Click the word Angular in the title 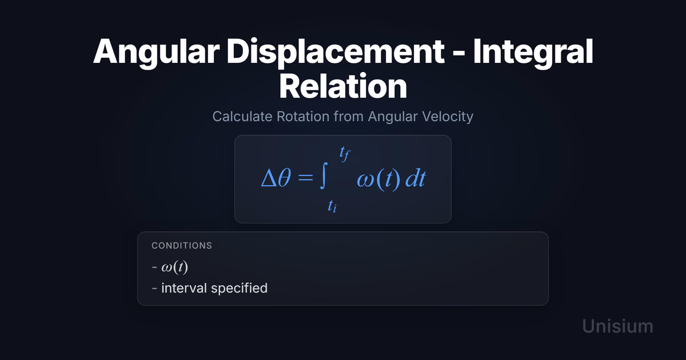click(157, 53)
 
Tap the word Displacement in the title click(336, 53)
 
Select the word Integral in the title click(533, 53)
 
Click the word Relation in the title click(343, 86)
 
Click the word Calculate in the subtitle click(242, 117)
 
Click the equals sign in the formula click(305, 178)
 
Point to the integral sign click(324, 175)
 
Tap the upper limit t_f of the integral click(345, 154)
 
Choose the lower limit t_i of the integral click(332, 206)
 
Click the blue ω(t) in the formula click(379, 179)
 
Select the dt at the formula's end click(416, 178)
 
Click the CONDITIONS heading click(182, 246)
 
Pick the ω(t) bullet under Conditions click(174, 267)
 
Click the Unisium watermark click(618, 326)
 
